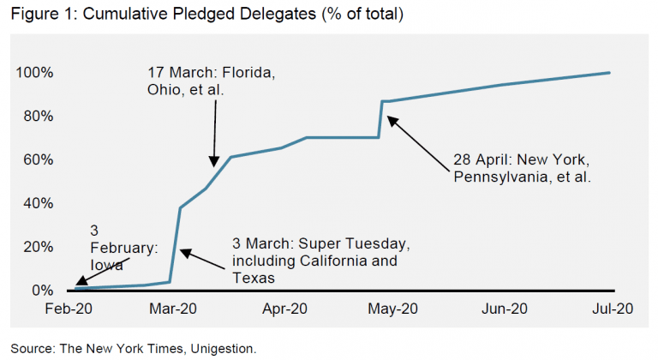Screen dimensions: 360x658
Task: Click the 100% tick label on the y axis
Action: pos(35,73)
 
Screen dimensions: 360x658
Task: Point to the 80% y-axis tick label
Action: pos(39,117)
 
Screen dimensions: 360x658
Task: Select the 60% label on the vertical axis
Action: pos(39,160)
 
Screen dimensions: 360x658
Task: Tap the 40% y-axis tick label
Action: pos(39,204)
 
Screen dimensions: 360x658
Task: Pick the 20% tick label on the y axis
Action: pos(39,248)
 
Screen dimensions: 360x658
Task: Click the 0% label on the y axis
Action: pos(42,291)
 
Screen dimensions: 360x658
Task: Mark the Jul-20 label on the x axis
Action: pos(609,309)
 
